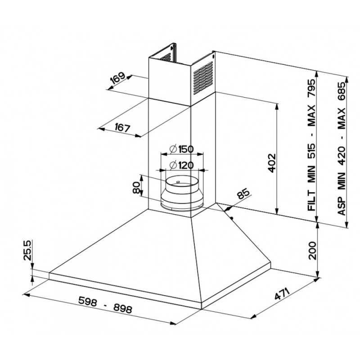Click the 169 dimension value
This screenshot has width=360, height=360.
click(118, 80)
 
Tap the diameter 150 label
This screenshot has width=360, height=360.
click(182, 149)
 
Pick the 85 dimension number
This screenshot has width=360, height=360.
click(243, 194)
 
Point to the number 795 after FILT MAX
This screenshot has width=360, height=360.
click(311, 91)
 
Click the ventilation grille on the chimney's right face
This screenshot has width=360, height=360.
click(202, 76)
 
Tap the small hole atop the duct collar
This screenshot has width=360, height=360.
click(179, 182)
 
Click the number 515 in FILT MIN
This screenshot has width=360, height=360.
click(311, 151)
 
